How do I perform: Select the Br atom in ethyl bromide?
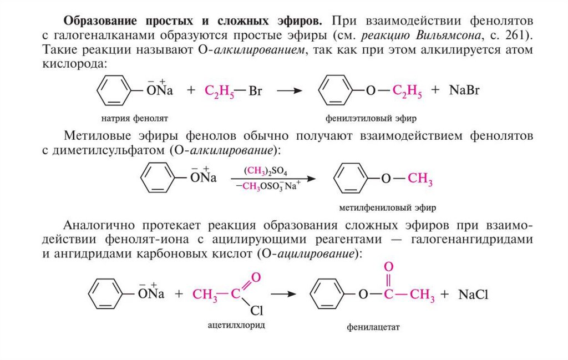[256, 91]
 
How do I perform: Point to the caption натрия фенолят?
[134, 118]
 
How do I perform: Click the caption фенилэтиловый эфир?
[371, 118]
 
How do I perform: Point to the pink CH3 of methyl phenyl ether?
[420, 180]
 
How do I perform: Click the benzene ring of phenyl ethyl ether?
[336, 91]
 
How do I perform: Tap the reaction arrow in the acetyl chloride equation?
[286, 294]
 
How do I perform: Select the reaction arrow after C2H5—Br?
[292, 91]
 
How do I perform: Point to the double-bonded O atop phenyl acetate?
[388, 267]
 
